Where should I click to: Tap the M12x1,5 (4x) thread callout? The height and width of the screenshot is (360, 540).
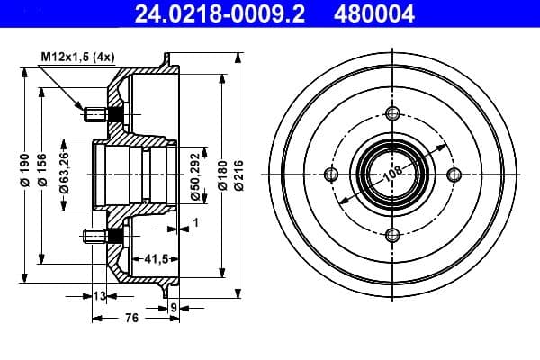click(78, 58)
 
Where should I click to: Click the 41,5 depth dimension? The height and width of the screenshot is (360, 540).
click(157, 258)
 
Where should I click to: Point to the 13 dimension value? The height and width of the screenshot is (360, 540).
click(99, 295)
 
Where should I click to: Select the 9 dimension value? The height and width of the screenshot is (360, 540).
click(175, 307)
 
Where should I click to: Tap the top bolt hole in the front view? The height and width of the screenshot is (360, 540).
click(391, 112)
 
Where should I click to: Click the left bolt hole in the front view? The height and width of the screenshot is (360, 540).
click(330, 174)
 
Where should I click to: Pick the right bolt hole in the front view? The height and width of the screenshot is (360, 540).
click(453, 174)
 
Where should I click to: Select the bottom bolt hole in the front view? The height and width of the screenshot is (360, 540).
click(391, 235)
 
